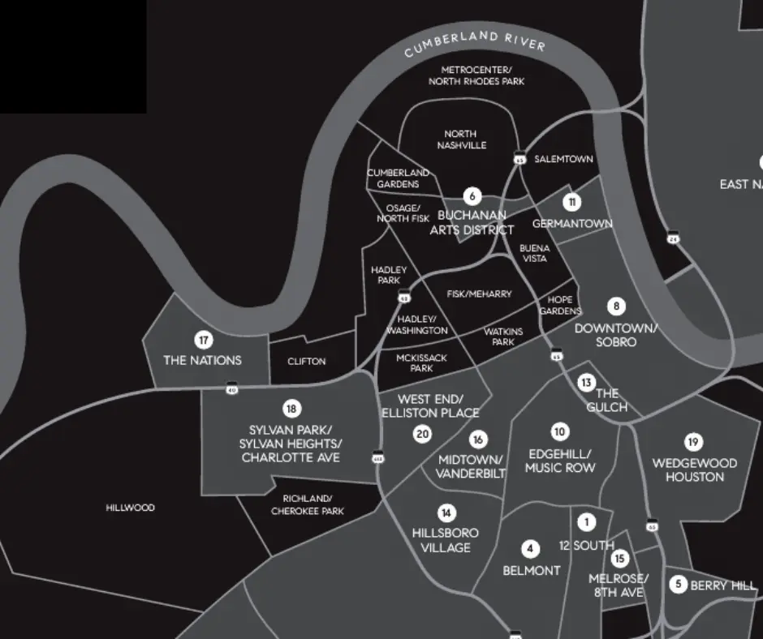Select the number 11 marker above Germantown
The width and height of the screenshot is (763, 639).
(x=572, y=202)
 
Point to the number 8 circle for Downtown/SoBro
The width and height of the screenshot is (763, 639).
(x=617, y=307)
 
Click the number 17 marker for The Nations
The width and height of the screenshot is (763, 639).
(x=203, y=341)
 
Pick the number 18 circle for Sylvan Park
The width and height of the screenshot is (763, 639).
(x=291, y=409)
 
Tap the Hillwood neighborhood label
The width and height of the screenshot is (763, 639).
(x=130, y=508)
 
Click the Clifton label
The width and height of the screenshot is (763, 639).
(x=307, y=361)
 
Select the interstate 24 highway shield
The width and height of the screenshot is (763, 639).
(x=673, y=238)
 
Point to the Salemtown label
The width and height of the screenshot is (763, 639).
(x=563, y=160)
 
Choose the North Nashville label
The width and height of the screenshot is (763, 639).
(x=461, y=139)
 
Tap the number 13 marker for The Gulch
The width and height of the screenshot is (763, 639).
(x=586, y=382)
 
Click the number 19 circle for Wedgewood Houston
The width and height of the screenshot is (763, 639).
(x=693, y=442)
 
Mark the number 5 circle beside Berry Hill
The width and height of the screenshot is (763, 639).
(x=679, y=584)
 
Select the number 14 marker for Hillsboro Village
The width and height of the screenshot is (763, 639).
(x=446, y=512)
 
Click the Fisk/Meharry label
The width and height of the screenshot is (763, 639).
(x=480, y=294)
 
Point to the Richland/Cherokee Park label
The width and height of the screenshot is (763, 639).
(x=307, y=504)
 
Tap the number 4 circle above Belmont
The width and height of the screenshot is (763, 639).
(x=531, y=550)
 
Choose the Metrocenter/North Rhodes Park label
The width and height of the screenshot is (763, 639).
(x=476, y=75)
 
